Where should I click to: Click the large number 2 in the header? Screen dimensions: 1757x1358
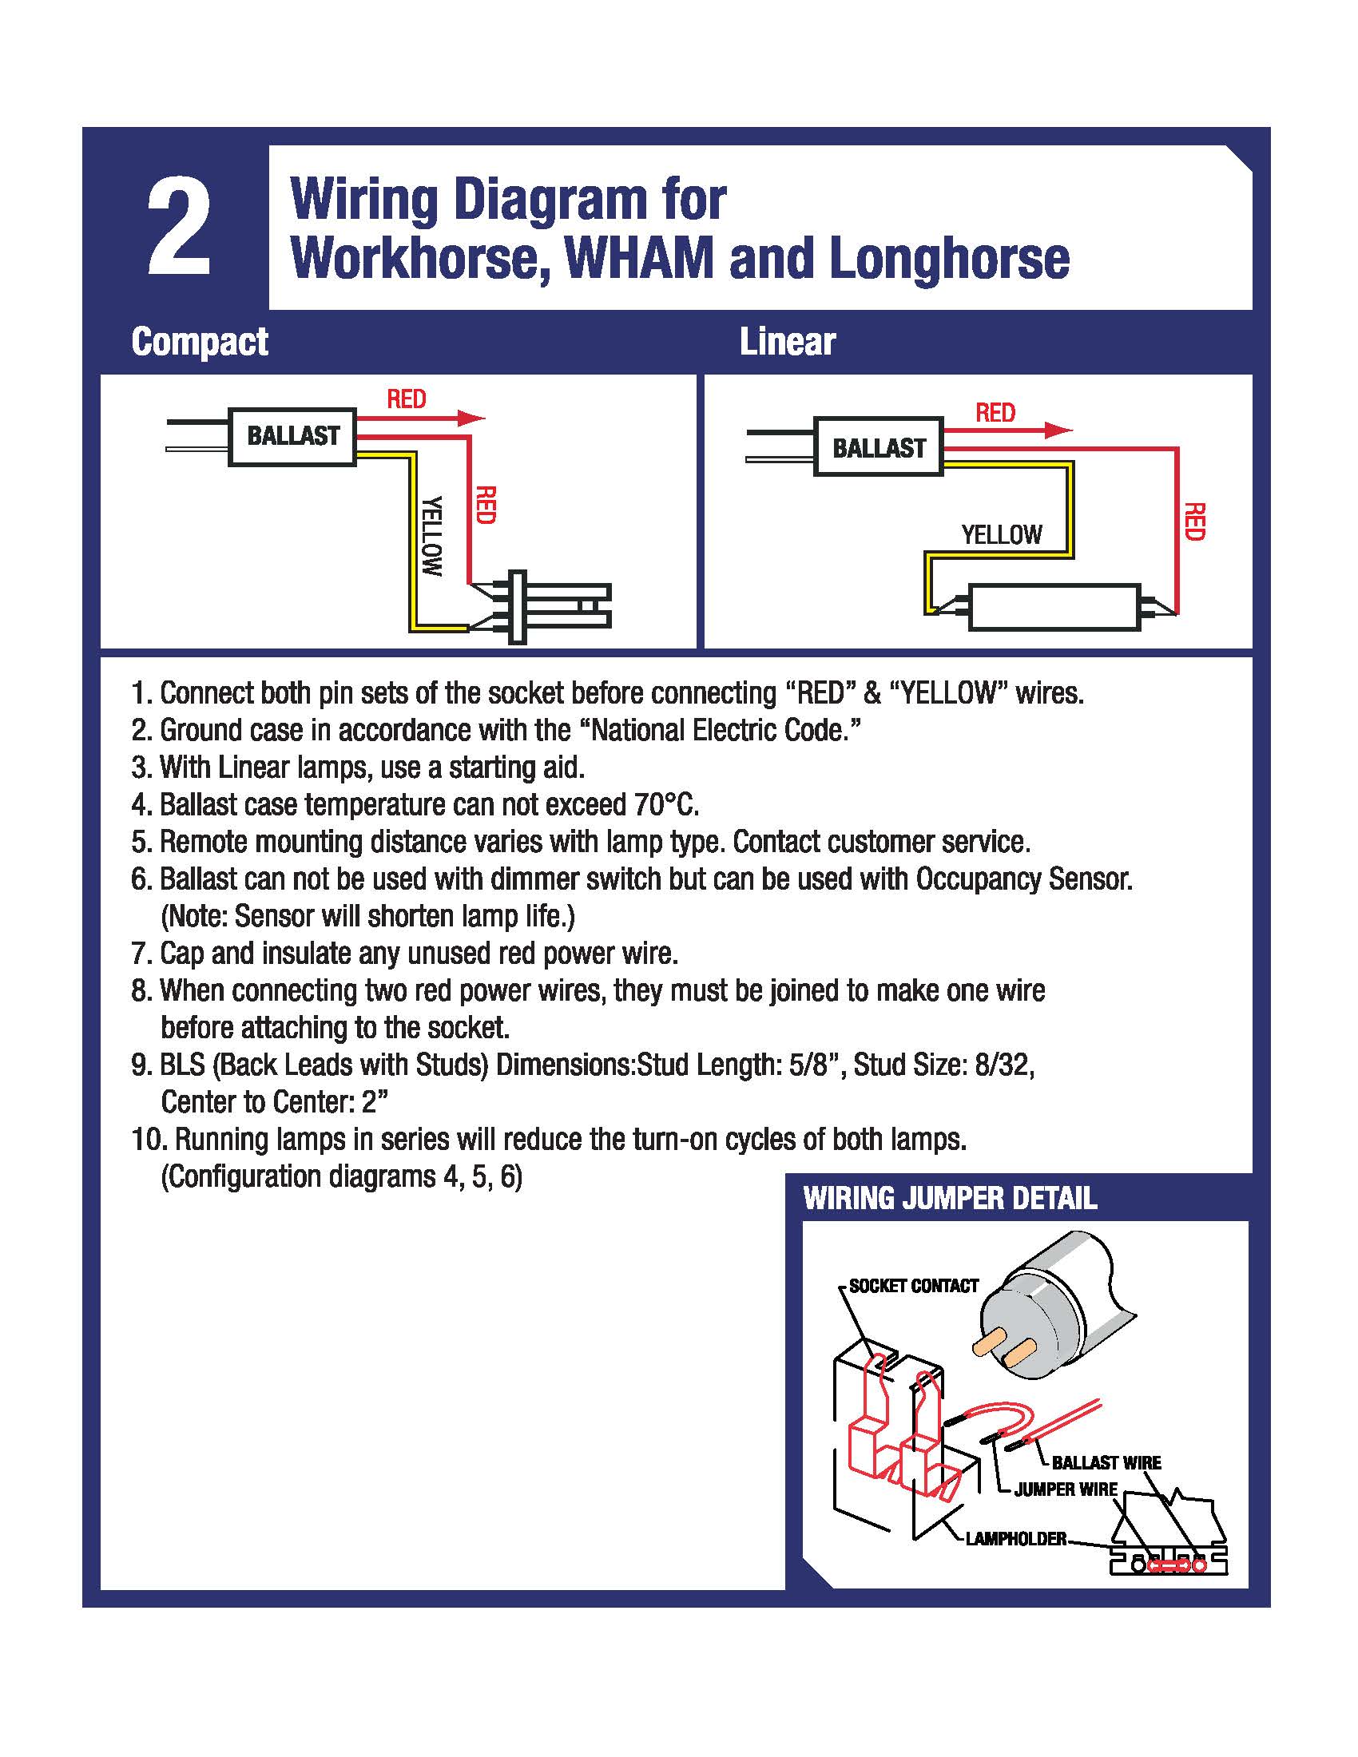(179, 227)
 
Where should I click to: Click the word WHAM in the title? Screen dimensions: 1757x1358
(639, 258)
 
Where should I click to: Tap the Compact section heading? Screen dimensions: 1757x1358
(200, 342)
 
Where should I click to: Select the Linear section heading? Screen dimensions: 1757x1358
(787, 342)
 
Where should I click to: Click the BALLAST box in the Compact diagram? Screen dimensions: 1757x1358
(293, 436)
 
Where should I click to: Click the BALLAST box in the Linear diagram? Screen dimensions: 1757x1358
(879, 447)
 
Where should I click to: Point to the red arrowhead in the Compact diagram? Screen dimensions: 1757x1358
(471, 418)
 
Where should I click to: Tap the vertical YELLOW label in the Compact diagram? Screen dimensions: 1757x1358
(433, 536)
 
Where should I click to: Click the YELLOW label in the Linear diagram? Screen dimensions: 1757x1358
(1001, 535)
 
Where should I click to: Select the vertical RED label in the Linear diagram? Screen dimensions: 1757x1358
(1195, 522)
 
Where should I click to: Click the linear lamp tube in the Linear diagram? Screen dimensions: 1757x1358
(1054, 608)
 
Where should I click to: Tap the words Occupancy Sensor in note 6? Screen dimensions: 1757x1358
(1023, 879)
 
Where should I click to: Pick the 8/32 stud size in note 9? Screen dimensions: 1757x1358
(1003, 1065)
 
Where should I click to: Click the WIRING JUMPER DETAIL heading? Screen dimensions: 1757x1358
(949, 1199)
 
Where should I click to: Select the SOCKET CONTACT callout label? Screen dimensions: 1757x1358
(913, 1287)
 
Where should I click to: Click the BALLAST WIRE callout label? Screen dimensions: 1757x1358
(1106, 1462)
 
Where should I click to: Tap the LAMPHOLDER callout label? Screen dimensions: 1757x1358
(1015, 1539)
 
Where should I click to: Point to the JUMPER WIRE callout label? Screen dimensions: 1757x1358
(1065, 1490)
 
